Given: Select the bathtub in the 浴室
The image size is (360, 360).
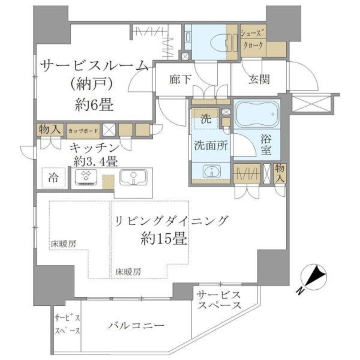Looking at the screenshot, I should pos(257,112).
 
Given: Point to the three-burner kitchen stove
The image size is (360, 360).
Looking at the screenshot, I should pos(86,177).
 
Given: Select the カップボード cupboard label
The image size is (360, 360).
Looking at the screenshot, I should pos(83,131).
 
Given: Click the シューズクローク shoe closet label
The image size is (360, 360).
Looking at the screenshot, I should pos(253,39).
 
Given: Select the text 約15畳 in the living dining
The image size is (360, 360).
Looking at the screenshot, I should pos(164,238).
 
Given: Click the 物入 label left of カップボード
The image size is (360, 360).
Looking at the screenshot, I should pos(49,130).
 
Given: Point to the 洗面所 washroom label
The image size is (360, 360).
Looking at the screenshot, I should pos(210,146).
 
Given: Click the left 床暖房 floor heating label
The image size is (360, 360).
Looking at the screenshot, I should pos(63,244).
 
